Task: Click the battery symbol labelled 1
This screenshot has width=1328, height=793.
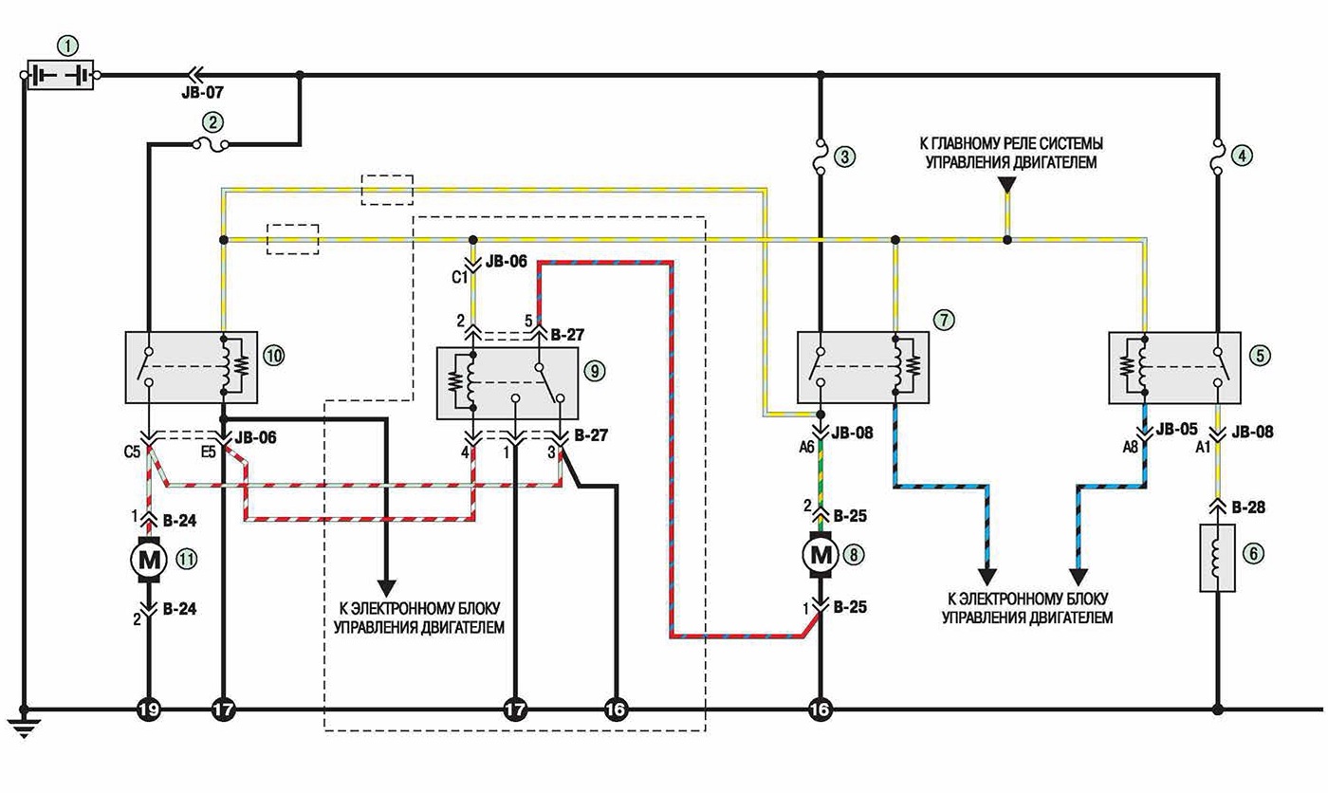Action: [61, 75]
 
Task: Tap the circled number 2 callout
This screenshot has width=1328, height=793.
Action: [212, 122]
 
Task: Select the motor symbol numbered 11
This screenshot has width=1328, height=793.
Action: [149, 559]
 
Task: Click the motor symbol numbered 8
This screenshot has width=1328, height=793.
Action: [821, 555]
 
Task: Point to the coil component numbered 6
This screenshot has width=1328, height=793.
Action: [1217, 557]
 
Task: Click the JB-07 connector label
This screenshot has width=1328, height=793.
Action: [202, 93]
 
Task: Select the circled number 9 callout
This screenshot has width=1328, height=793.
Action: [595, 371]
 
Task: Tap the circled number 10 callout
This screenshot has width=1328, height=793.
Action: [273, 356]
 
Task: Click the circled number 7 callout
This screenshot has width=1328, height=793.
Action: [944, 320]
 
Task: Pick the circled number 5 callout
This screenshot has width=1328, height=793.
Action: [1260, 356]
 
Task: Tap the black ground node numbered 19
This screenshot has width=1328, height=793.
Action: [149, 709]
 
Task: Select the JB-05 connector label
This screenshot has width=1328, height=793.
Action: [1176, 429]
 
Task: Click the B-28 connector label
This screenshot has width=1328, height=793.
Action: [1248, 507]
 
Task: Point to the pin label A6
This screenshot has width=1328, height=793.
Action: [806, 448]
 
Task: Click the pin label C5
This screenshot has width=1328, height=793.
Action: [132, 452]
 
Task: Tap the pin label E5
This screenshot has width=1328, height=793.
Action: [209, 452]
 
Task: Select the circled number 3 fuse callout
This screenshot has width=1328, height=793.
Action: [845, 157]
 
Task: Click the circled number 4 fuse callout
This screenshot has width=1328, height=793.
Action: [1242, 156]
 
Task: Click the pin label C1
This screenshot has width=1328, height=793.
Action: [460, 277]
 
